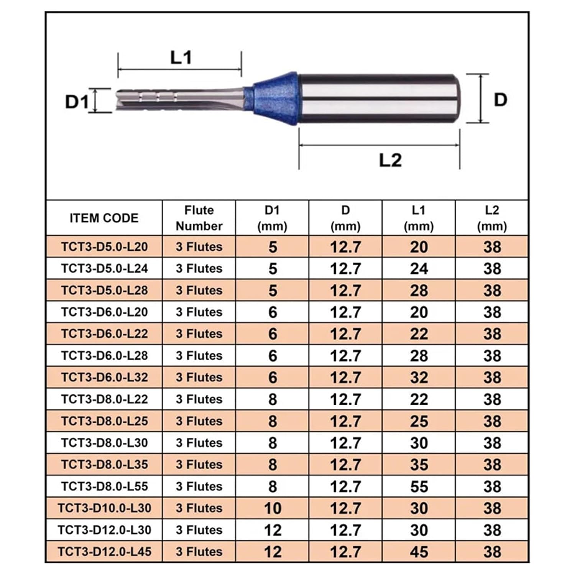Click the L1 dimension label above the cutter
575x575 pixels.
[181, 58]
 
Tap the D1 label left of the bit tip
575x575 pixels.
[77, 102]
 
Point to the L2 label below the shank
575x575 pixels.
[390, 160]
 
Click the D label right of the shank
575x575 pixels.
[500, 100]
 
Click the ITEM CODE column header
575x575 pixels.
[104, 218]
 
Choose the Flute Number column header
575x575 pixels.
[199, 218]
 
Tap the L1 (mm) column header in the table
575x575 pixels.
[418, 218]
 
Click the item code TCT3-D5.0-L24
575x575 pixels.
[104, 268]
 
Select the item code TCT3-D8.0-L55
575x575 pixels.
[104, 486]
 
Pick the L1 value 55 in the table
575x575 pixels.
[419, 487]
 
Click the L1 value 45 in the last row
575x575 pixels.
[419, 552]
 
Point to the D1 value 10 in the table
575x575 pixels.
[273, 509]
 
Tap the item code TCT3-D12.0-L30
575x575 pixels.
[104, 530]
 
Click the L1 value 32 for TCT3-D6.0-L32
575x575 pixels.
[419, 378]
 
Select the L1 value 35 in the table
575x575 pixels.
[419, 465]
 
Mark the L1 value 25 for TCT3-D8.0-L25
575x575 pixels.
[419, 421]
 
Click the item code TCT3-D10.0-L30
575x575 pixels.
[104, 508]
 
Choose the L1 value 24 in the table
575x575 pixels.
[419, 269]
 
